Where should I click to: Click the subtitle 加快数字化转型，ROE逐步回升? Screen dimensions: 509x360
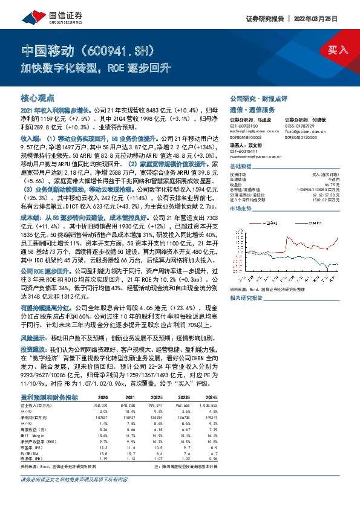coord(95,68)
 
